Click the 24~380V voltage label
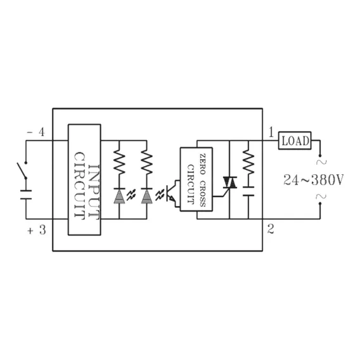[313, 180]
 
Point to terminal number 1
[271, 132]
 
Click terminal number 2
[271, 229]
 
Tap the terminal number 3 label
[42, 230]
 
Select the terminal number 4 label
[42, 132]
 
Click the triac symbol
[229, 183]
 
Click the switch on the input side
[22, 170]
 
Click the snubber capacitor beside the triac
[248, 191]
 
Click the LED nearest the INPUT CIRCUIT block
[119, 196]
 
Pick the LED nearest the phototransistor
[146, 196]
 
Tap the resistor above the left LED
[119, 162]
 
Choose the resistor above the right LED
[146, 162]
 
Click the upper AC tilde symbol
[321, 162]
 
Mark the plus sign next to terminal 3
[30, 231]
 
